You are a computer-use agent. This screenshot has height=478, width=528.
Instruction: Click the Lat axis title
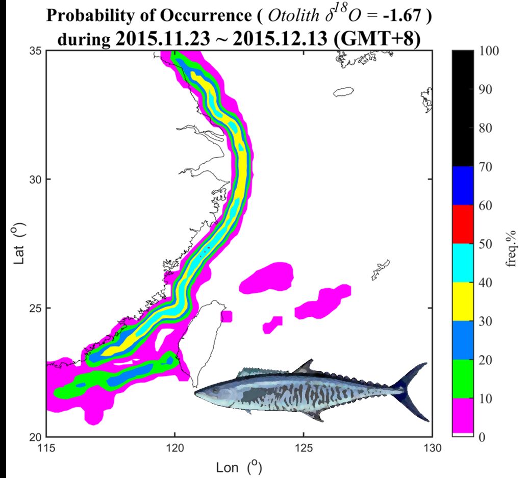pos(19,244)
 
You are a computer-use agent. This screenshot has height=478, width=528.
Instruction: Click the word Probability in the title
pos(88,15)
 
